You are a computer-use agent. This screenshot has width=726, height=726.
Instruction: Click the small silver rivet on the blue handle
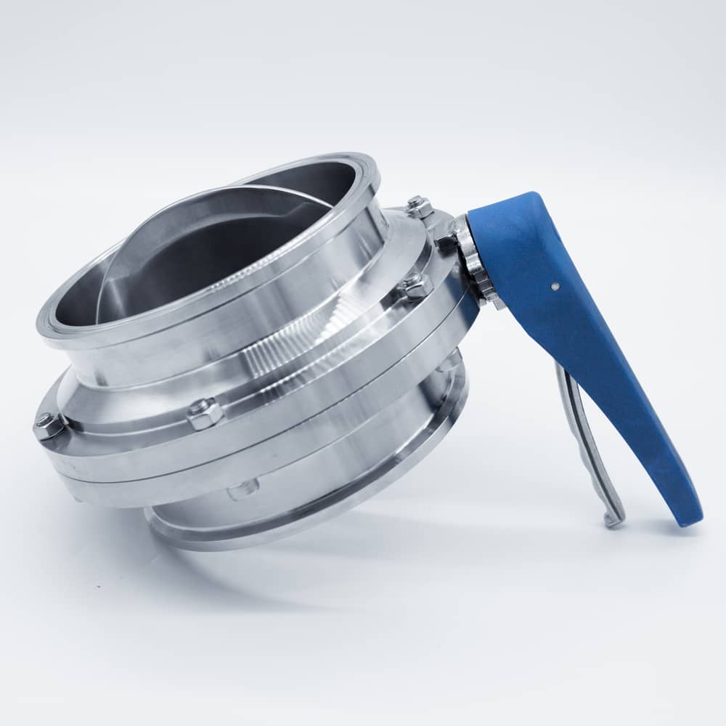coord(555,286)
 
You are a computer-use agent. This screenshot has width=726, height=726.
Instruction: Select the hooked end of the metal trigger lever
coord(611,520)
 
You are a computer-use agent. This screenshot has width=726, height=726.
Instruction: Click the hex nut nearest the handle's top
coord(419,206)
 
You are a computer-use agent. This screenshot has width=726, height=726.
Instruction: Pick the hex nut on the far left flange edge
coord(47,426)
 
